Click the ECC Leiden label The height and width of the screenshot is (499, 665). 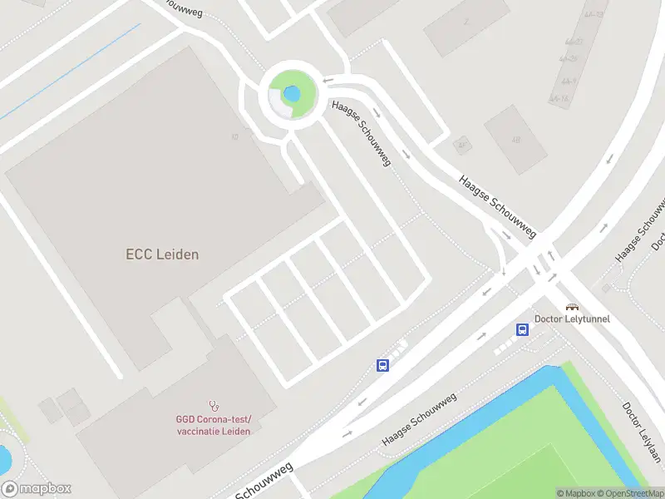(x=162, y=254)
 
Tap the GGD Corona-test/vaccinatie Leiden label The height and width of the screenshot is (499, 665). (x=213, y=425)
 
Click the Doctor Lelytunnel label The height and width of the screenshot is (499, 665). (x=572, y=319)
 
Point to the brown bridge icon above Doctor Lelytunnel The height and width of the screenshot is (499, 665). (x=572, y=306)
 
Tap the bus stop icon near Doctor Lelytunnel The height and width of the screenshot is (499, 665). (x=523, y=329)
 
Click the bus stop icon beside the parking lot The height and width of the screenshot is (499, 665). (x=383, y=365)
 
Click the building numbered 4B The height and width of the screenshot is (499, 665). (x=515, y=138)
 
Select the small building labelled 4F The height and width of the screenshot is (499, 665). (x=461, y=146)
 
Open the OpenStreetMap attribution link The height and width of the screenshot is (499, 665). (x=628, y=493)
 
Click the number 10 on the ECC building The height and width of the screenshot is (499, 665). (x=235, y=137)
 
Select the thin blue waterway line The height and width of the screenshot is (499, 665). (x=75, y=67)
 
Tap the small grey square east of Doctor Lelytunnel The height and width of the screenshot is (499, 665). (x=606, y=288)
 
